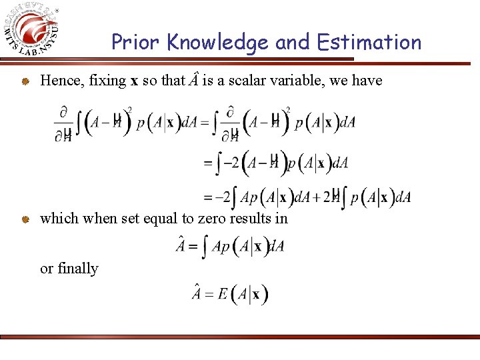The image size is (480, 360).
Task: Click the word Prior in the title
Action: click(x=136, y=43)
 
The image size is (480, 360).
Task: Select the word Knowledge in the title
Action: click(x=217, y=43)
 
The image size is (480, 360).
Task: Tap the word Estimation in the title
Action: click(x=369, y=43)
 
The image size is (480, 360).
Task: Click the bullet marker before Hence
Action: click(x=24, y=81)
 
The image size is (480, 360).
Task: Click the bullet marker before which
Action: click(x=24, y=219)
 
